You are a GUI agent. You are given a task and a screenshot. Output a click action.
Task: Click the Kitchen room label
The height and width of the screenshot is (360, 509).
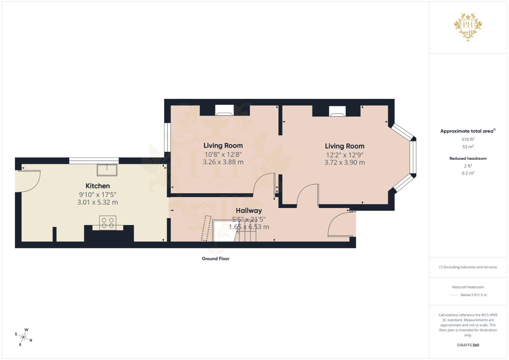pyautogui.click(x=98, y=186)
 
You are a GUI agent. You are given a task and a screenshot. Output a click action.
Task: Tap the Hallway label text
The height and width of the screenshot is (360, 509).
pyautogui.click(x=249, y=211)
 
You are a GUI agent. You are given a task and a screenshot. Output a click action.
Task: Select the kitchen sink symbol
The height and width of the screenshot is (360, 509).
pyautogui.click(x=107, y=170)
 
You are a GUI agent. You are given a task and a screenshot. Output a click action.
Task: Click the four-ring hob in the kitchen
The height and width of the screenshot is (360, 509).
pyautogui.click(x=108, y=223)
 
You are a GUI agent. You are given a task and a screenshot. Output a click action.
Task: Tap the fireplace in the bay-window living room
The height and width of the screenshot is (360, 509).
pyautogui.click(x=337, y=111)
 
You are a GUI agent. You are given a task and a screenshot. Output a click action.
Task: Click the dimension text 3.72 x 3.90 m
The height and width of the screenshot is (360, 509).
pyautogui.click(x=344, y=163)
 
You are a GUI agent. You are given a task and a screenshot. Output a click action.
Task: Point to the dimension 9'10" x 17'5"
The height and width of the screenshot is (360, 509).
pyautogui.click(x=98, y=195)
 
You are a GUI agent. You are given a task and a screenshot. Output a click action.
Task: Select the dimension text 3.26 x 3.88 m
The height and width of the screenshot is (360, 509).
pyautogui.click(x=223, y=162)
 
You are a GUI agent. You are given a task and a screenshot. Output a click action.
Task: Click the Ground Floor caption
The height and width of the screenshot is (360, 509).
pyautogui.click(x=215, y=259)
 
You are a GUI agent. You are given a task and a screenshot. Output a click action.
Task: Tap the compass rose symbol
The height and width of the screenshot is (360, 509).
pyautogui.click(x=24, y=337)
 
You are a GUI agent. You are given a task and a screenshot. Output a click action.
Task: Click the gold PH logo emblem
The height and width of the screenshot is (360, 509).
pyautogui.click(x=468, y=26)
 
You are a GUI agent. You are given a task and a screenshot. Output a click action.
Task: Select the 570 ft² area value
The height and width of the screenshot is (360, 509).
pyautogui.click(x=468, y=140)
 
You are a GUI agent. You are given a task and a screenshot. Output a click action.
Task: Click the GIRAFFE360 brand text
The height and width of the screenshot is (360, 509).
pyautogui.click(x=468, y=345)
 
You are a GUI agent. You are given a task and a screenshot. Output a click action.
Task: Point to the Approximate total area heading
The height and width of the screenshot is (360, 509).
pyautogui.click(x=467, y=131)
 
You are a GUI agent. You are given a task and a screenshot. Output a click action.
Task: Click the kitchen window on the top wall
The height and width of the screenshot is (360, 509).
pyautogui.click(x=94, y=161)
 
